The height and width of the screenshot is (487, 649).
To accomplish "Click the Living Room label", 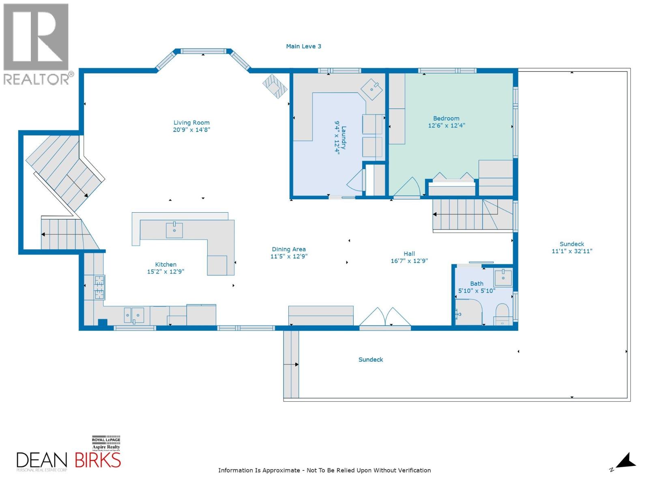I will [191, 123].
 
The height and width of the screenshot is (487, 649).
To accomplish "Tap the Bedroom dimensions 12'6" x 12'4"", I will [446, 126].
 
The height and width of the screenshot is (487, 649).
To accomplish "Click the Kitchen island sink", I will [174, 230].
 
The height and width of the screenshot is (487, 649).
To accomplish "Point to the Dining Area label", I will [289, 249].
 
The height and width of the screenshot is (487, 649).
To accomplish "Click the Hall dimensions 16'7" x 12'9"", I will [409, 261].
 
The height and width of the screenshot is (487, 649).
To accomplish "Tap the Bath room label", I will [477, 284].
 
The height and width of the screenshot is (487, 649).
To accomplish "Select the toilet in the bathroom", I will [502, 314].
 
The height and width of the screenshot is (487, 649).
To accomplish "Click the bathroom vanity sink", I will [503, 277].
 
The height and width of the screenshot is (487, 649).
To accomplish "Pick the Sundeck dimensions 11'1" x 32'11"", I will [572, 251].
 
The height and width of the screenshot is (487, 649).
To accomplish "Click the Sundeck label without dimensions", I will [370, 360].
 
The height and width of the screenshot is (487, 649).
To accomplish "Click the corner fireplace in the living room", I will [275, 86].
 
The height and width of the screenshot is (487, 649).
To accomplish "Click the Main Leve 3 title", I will [303, 46].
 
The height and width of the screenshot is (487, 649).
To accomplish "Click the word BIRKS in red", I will [98, 460].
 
